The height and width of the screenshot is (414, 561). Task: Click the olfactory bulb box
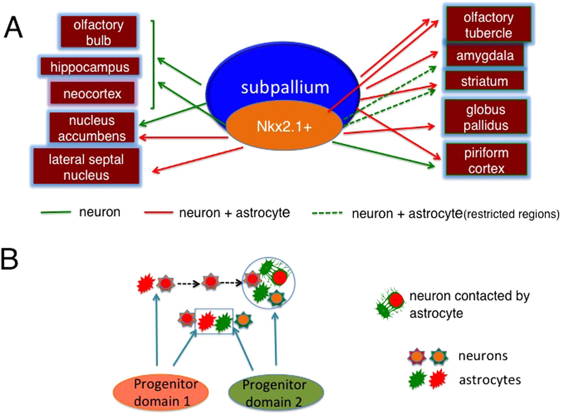(x=98, y=32)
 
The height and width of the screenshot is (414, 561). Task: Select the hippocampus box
(x=89, y=67)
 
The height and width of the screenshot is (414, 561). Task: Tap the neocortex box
(x=92, y=93)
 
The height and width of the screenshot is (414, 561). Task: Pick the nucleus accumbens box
(x=92, y=128)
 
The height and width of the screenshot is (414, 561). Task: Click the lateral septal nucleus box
(x=86, y=167)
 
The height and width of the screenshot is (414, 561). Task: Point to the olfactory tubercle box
(x=488, y=25)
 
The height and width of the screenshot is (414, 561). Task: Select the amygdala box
(x=485, y=56)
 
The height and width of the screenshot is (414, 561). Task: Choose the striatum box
(x=484, y=81)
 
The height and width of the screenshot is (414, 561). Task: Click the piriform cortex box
(x=486, y=160)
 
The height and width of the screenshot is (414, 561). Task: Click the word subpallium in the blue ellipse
(x=285, y=87)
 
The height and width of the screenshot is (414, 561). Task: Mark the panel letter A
(x=13, y=28)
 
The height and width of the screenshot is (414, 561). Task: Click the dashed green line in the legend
(x=327, y=213)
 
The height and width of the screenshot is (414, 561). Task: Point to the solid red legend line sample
(x=158, y=213)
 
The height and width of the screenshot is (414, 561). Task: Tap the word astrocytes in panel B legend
(x=489, y=380)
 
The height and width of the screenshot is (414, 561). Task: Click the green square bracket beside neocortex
(x=153, y=64)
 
